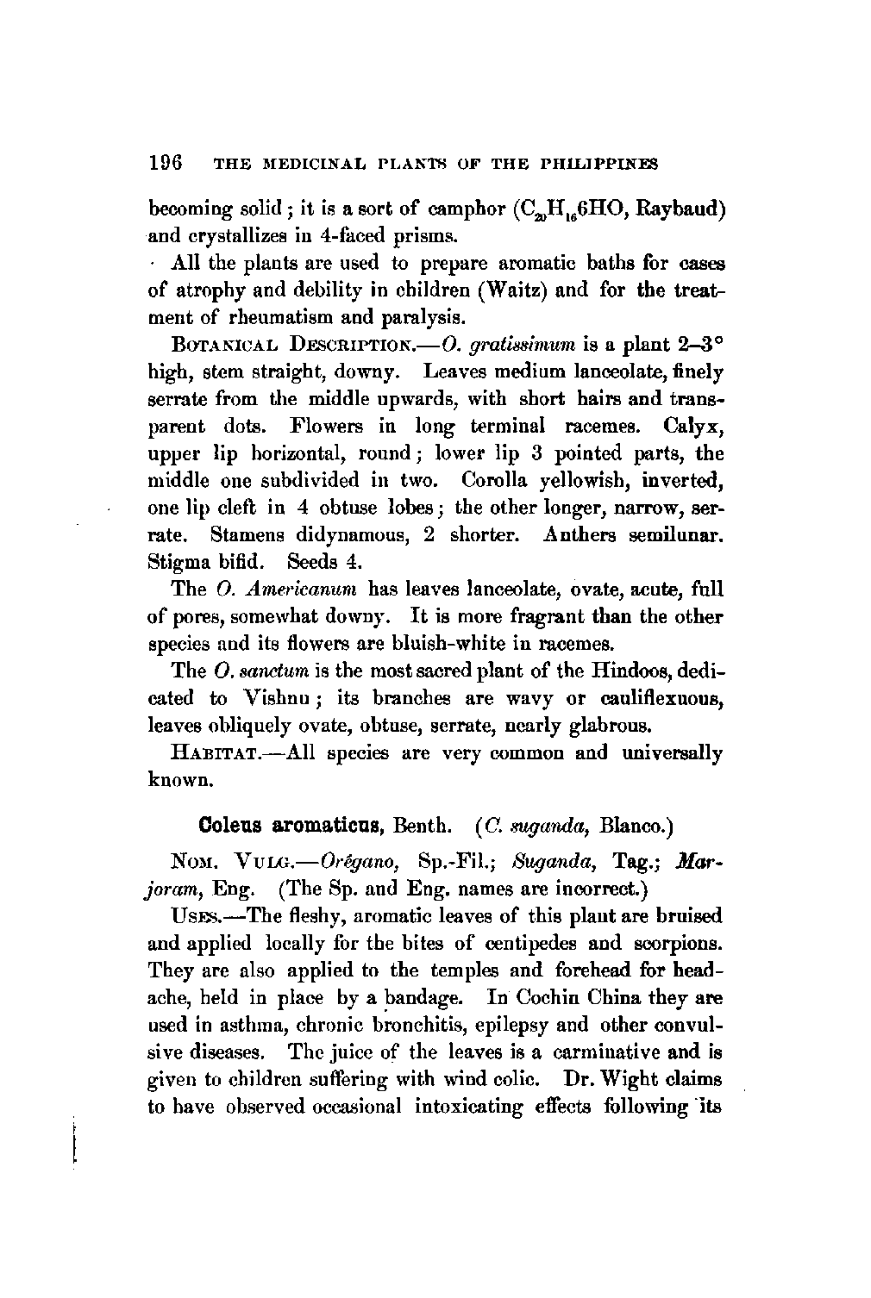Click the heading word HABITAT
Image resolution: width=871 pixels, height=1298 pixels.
[x=213, y=752]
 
